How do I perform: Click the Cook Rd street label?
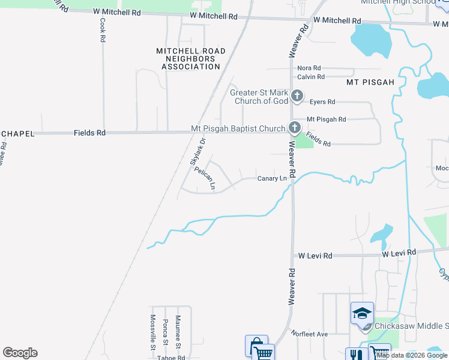point(103,29)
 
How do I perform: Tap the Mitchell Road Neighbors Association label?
point(188,59)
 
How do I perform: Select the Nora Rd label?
point(309,68)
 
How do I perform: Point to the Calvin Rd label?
point(311,77)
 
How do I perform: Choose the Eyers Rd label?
point(322,103)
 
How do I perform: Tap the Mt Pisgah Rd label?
point(326,119)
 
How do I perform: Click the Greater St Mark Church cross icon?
point(297,96)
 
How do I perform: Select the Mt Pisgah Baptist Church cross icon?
point(294,128)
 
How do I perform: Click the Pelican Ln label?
point(205,179)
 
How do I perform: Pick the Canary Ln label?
point(272,178)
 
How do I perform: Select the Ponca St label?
point(165,334)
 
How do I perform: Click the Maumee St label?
point(178,332)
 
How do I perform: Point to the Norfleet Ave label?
point(309,334)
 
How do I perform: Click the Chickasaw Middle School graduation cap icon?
point(363,313)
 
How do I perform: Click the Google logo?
point(20,353)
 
